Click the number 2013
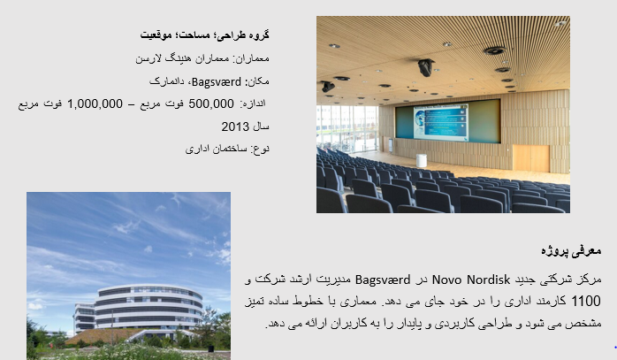[x=234, y=126]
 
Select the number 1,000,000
[x=95, y=104]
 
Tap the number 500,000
[x=211, y=104]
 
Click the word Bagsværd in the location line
[x=217, y=82]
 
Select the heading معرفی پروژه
[x=571, y=251]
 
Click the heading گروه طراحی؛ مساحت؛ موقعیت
[x=204, y=35]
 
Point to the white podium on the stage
[x=422, y=160]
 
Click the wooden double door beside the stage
[x=531, y=158]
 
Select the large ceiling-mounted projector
[x=426, y=67]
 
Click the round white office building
[x=149, y=307]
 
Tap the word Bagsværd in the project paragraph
[x=383, y=280]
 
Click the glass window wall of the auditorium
[x=347, y=128]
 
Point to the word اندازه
[x=255, y=103]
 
